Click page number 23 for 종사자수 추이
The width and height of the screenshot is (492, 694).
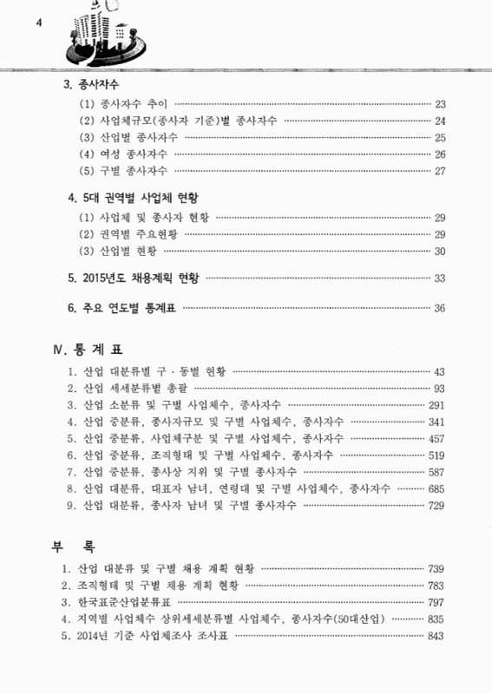tap(439, 103)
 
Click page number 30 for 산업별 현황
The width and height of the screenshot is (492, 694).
tap(439, 252)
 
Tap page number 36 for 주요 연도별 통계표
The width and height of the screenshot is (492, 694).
tap(439, 308)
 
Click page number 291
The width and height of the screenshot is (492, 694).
tap(436, 404)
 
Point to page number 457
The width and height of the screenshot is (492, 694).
tap(436, 437)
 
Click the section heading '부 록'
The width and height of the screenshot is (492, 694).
tap(72, 547)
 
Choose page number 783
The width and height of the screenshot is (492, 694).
tap(436, 585)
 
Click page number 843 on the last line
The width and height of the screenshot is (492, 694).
tap(436, 636)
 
